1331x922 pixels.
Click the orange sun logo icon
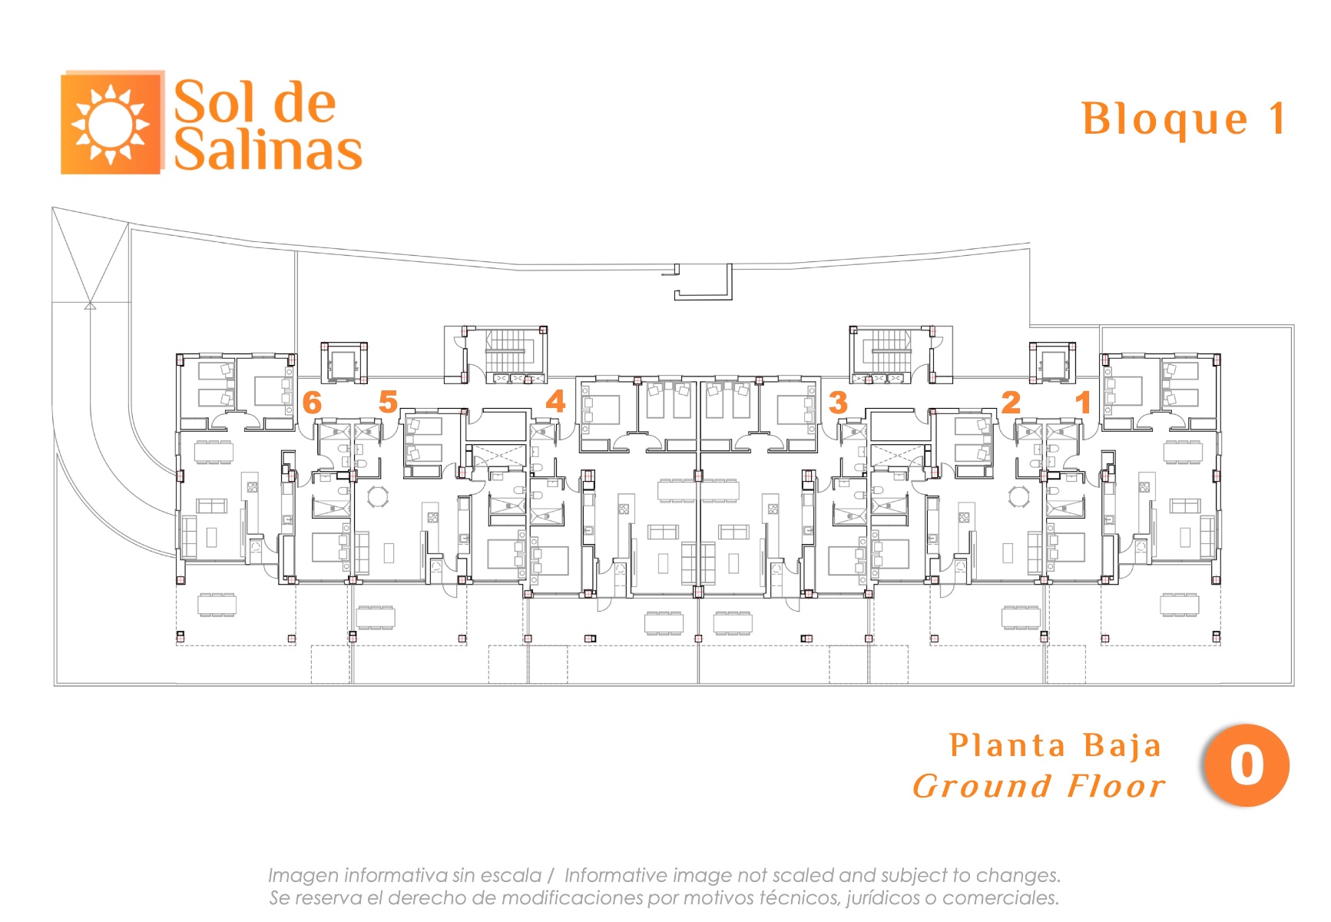111,123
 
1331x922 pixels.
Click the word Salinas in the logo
267,150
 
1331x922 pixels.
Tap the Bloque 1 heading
1183,119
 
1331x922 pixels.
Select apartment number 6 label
312,403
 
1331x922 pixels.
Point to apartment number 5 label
388,401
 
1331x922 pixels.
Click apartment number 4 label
555,401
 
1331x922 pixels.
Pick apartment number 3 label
838,402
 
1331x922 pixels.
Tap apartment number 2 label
1011,402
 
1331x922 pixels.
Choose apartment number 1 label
1083,402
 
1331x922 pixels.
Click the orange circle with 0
1246,765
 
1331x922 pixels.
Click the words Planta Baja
1055,745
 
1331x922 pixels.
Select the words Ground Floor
1039,787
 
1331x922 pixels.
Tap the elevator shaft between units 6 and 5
343,362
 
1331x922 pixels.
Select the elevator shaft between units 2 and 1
1052,362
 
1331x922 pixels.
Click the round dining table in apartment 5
378,496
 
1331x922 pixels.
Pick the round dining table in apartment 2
1018,496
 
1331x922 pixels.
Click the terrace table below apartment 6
217,605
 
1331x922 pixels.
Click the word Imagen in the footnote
303,875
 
